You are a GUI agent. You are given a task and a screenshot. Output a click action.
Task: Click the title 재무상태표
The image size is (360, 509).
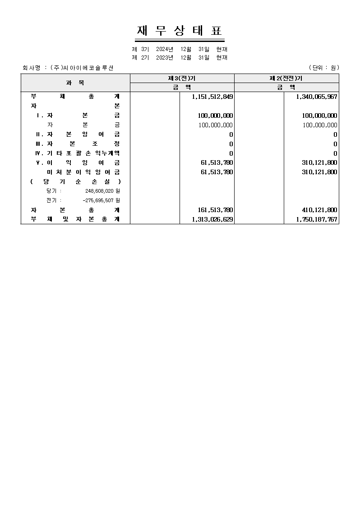click(x=180, y=31)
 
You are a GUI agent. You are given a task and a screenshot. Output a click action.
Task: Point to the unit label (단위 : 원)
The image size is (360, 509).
click(x=323, y=68)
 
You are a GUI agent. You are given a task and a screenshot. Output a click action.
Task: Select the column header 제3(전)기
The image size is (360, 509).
click(x=182, y=79)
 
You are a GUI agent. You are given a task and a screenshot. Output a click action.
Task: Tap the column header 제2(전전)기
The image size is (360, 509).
click(x=286, y=79)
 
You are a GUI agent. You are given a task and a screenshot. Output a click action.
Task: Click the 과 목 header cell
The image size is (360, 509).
click(x=75, y=83)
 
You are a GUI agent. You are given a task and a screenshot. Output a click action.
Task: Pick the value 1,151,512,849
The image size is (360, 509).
click(x=212, y=97)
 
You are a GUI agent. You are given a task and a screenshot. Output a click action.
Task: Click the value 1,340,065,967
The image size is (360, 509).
click(x=317, y=97)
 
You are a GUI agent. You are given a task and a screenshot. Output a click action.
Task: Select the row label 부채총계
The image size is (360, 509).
click(x=75, y=97)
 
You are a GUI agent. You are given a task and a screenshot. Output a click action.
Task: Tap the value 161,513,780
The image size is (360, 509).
click(x=216, y=210)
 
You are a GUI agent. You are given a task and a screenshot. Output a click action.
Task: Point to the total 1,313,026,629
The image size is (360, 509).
click(x=212, y=220)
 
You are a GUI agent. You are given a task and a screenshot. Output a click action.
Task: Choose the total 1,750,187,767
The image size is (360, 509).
click(x=317, y=220)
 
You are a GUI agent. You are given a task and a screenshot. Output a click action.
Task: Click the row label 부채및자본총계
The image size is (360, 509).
click(x=75, y=220)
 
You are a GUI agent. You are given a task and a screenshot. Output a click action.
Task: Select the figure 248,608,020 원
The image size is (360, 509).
click(x=102, y=191)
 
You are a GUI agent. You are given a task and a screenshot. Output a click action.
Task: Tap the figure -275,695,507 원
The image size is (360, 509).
click(x=101, y=200)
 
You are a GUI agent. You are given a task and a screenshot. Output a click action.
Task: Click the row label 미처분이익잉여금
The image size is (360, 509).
click(x=83, y=172)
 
